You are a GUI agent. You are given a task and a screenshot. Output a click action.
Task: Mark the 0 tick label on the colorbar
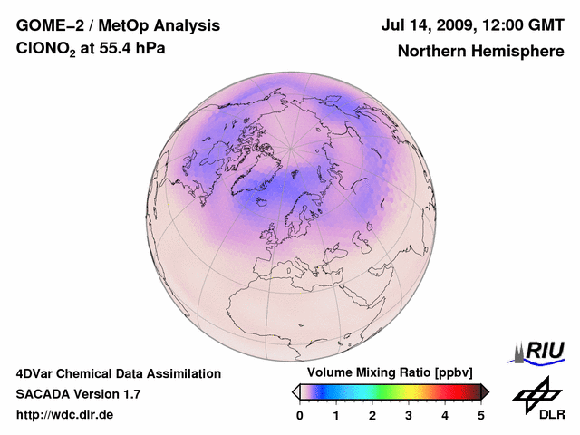pyautogui.click(x=300, y=415)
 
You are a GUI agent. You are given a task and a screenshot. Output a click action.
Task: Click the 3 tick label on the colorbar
pyautogui.click(x=409, y=415)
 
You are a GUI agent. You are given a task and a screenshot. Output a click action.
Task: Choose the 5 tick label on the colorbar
pyautogui.click(x=481, y=415)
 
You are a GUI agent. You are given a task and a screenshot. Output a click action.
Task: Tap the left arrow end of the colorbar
pyautogui.click(x=295, y=391)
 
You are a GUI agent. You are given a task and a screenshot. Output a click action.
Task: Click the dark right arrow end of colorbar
pyautogui.click(x=485, y=391)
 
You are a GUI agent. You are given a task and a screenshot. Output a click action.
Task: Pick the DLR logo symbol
pyautogui.click(x=536, y=391)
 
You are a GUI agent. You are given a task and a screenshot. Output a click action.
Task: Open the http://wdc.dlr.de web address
pyautogui.click(x=65, y=415)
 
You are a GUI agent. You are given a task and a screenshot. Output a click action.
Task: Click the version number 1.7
pyautogui.click(x=129, y=394)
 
